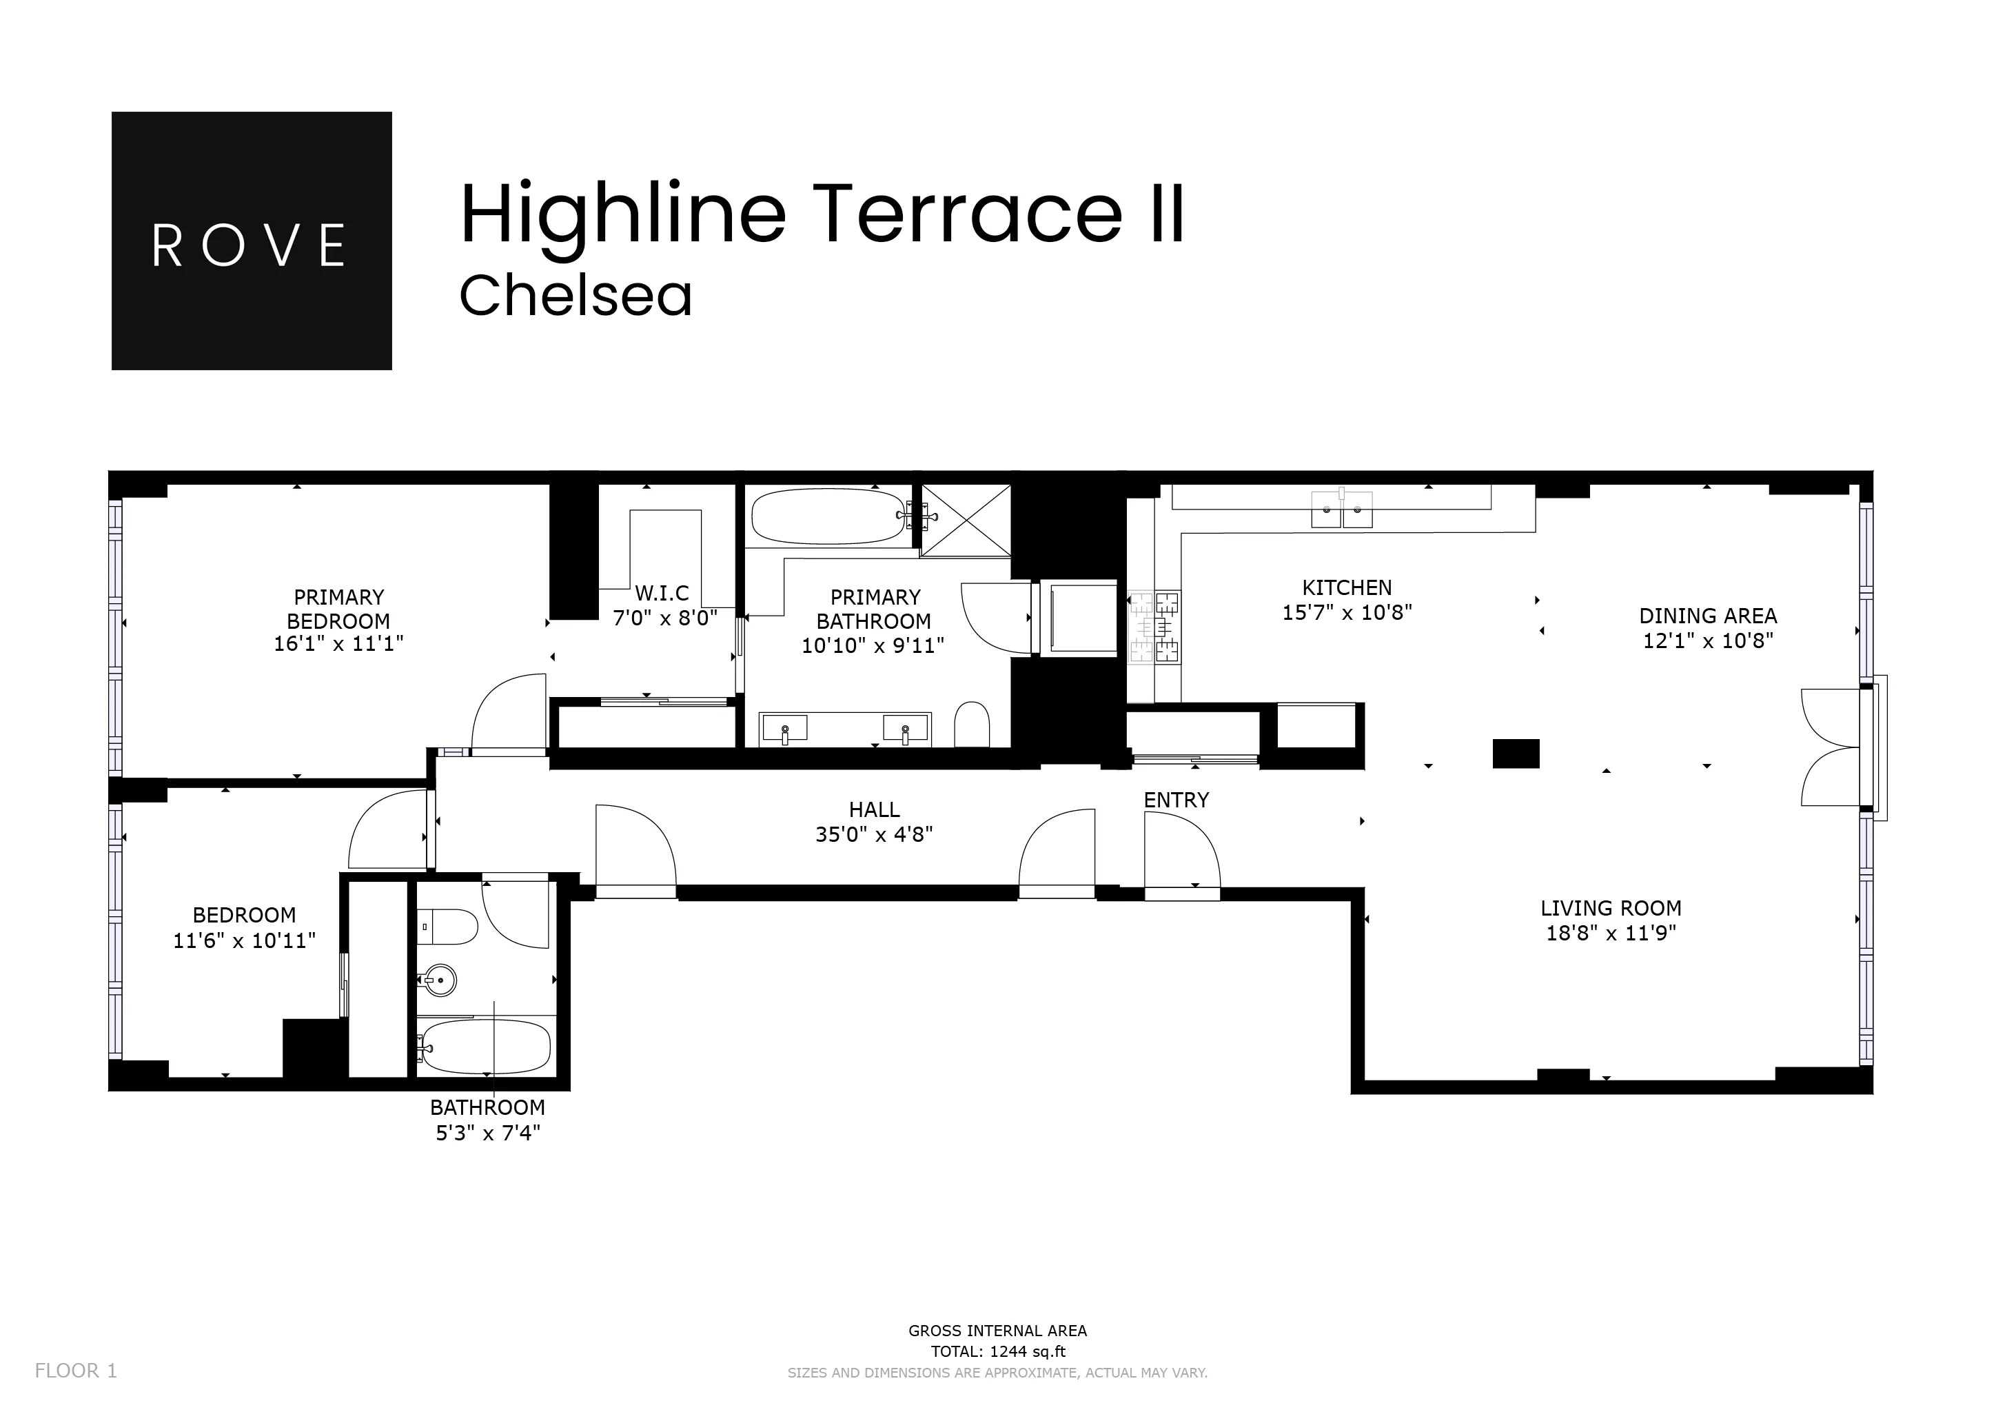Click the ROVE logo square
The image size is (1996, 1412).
(252, 241)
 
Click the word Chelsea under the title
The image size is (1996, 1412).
(576, 296)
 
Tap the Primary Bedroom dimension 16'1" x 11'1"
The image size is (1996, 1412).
(338, 644)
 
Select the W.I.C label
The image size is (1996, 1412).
(662, 594)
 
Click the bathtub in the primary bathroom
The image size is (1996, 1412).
(828, 516)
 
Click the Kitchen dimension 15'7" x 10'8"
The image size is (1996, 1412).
(1347, 613)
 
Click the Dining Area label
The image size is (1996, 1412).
(1707, 616)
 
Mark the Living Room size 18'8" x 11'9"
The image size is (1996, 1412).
(1610, 934)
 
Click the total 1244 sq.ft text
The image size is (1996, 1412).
(997, 1352)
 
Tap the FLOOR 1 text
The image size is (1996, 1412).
(76, 1371)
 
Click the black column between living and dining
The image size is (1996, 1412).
(1515, 754)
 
